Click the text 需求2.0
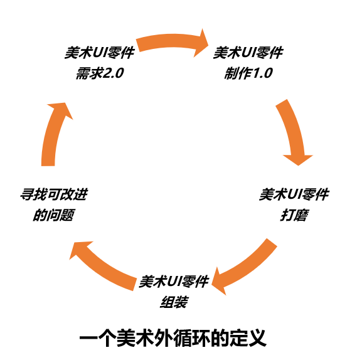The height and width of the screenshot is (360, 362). tap(100, 73)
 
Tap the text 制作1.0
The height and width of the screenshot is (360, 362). tap(248, 73)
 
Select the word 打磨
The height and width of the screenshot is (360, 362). tap(294, 215)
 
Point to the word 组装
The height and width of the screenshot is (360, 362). tap(174, 302)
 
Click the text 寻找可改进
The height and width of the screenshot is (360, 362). tap(54, 194)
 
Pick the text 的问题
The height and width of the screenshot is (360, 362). tap(54, 215)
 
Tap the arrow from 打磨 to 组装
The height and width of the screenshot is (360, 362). tap(248, 268)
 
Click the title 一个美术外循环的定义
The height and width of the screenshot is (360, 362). tap(173, 338)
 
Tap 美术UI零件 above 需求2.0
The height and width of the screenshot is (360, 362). tap(100, 53)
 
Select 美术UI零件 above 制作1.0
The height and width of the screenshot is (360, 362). tap(248, 53)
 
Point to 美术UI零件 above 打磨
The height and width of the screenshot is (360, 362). tap(294, 194)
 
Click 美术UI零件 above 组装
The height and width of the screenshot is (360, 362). tap(174, 281)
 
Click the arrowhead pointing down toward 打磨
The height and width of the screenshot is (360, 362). tap(298, 160)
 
